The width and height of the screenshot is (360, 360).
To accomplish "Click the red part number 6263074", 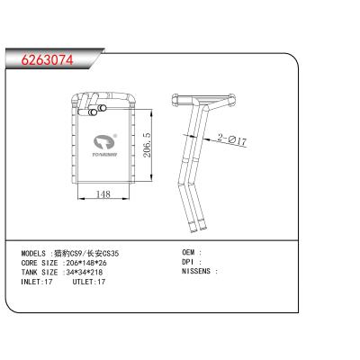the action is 47,60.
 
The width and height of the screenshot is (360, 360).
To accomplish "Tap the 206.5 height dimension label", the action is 148,144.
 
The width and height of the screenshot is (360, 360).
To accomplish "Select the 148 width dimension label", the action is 103,194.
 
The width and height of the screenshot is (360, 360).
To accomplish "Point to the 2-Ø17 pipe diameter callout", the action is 232,140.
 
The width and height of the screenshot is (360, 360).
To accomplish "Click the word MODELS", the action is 33,254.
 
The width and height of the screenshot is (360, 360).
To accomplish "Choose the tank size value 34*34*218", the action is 85,273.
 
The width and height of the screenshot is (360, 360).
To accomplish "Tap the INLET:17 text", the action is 37,282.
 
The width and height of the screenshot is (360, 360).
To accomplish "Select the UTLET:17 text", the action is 89,282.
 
